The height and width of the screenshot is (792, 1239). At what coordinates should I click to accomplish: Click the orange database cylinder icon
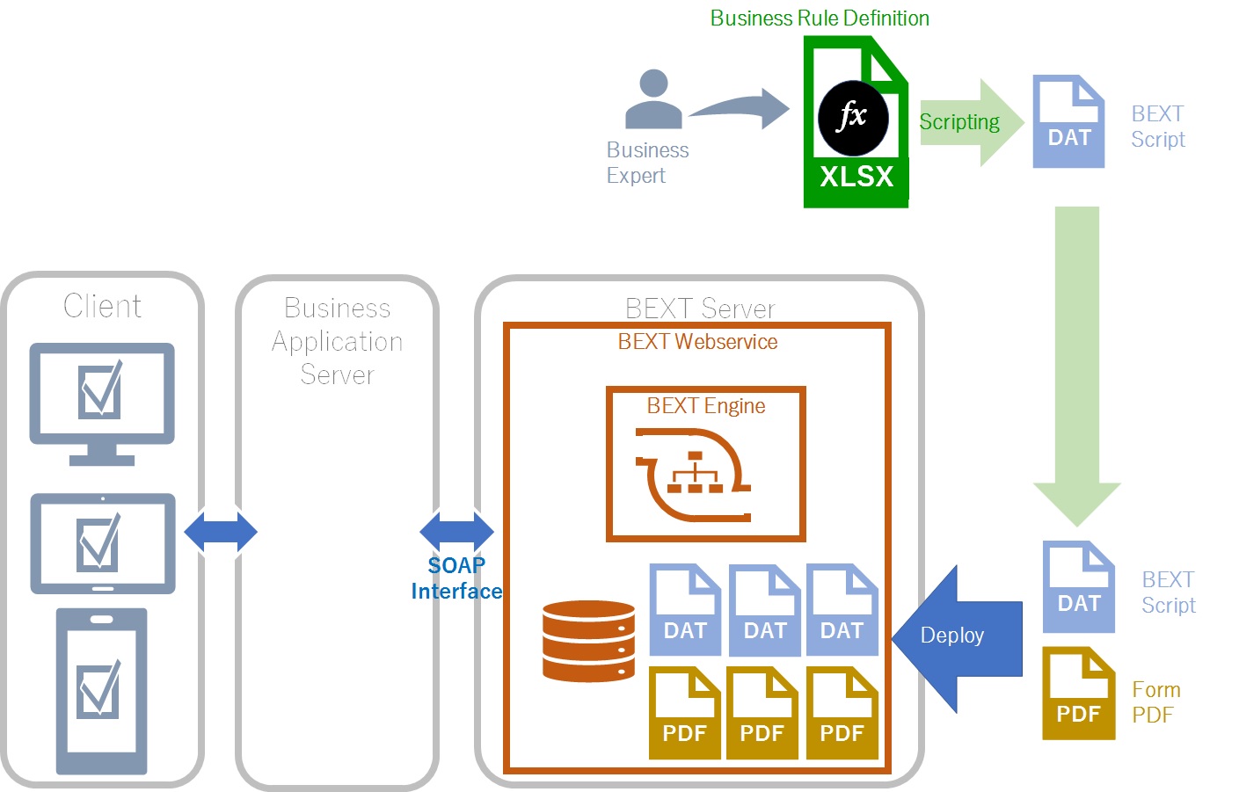tap(588, 641)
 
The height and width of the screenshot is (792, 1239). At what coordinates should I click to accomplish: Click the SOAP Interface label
tap(456, 578)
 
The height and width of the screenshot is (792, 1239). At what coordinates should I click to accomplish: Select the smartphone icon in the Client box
tap(101, 691)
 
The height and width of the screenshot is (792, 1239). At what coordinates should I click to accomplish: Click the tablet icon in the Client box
tap(103, 543)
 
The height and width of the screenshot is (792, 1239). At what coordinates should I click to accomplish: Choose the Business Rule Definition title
tap(820, 18)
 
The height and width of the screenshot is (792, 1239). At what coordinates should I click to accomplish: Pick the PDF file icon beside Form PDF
tap(1079, 694)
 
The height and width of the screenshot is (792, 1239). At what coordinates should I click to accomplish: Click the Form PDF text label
tap(1155, 702)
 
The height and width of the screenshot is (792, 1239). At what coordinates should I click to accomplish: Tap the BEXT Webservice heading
tap(697, 342)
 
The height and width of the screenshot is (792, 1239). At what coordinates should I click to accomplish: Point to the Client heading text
tap(102, 306)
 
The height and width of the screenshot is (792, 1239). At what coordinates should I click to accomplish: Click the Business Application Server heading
tap(338, 341)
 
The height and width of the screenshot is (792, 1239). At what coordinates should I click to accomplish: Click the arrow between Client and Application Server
tap(221, 532)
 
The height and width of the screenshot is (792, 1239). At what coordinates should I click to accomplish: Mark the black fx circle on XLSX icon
tap(852, 118)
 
